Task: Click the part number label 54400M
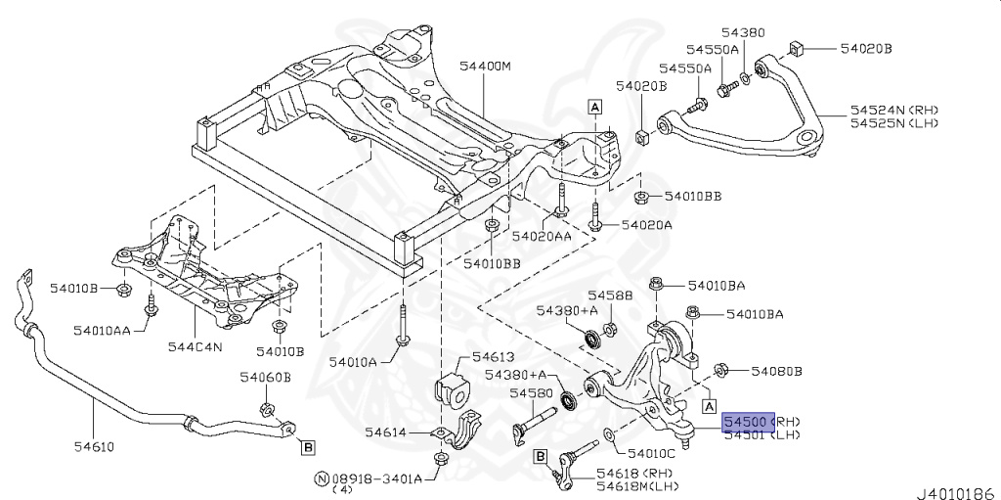tap(486, 68)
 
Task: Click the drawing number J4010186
tap(955, 488)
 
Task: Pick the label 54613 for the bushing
tap(493, 357)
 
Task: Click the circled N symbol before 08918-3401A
tap(320, 478)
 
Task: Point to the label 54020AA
tap(542, 236)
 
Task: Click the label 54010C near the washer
tap(651, 454)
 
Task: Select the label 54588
tap(610, 295)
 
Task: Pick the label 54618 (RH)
tap(623, 474)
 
